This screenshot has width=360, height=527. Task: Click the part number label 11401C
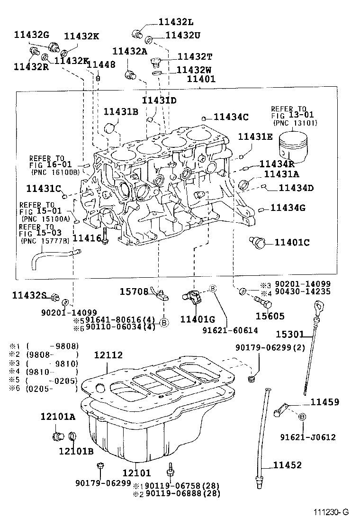(x=292, y=243)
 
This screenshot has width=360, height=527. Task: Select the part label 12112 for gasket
(x=108, y=355)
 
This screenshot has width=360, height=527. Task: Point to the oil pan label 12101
(x=136, y=472)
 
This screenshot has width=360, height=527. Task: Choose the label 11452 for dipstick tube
(x=287, y=465)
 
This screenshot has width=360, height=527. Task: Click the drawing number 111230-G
(x=330, y=512)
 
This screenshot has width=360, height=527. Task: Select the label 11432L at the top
(x=176, y=22)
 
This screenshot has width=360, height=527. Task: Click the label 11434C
(x=231, y=117)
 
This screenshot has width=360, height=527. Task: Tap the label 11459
(x=324, y=402)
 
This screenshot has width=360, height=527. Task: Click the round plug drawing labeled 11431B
(x=110, y=128)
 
